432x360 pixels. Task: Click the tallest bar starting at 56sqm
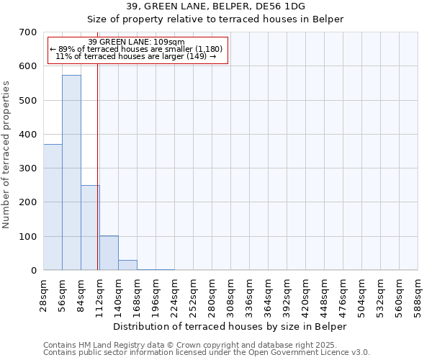(x=71, y=173)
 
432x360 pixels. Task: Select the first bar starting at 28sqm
(x=53, y=207)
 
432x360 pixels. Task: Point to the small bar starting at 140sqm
(x=127, y=265)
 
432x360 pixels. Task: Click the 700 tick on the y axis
(x=28, y=32)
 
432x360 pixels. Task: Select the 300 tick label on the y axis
(x=28, y=168)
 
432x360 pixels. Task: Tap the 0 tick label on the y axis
(x=34, y=271)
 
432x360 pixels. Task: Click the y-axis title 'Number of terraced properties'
(x=6, y=155)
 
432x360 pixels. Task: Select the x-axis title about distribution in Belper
(x=230, y=326)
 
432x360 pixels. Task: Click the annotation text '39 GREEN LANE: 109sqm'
(x=136, y=42)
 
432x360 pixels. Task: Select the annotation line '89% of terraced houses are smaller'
(x=136, y=49)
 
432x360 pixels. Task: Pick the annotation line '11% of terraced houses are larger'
(x=136, y=56)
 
